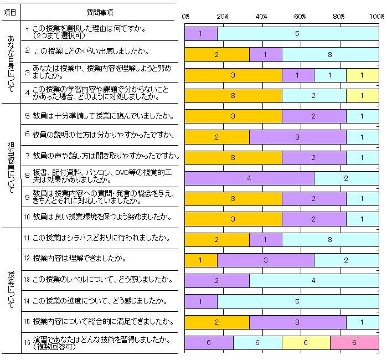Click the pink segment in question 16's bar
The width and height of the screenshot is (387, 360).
[354, 343]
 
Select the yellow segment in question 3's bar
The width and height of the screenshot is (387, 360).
[363, 75]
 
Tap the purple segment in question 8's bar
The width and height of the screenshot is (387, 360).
[249, 178]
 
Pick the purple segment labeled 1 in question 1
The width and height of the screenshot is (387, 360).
[200, 34]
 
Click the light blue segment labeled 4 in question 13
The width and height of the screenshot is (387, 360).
[314, 281]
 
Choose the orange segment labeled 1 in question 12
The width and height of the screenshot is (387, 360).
[200, 260]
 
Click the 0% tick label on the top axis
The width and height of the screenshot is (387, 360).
[185, 16]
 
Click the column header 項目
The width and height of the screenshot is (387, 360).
[10, 12]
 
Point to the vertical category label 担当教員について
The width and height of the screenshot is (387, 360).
[11, 165]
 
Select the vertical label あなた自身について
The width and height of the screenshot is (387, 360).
[11, 62]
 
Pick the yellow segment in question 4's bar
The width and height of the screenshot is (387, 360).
[363, 95]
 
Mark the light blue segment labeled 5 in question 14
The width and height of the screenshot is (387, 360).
[298, 301]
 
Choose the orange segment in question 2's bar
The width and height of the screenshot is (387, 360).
[216, 54]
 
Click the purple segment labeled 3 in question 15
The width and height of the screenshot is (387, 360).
[298, 322]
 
